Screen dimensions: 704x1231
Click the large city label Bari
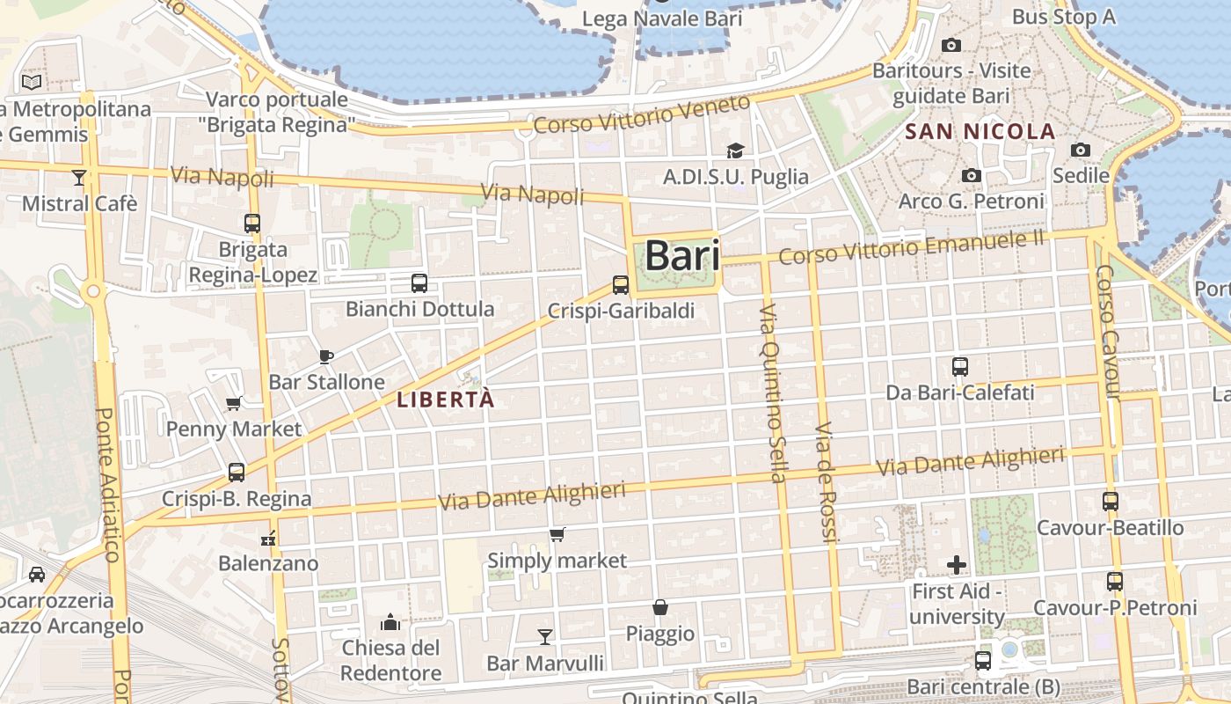(x=682, y=256)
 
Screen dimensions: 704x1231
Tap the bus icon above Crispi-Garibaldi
(x=621, y=285)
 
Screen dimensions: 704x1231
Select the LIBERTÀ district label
(x=446, y=400)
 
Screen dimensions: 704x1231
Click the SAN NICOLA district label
(x=980, y=132)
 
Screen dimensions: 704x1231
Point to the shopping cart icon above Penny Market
(x=234, y=403)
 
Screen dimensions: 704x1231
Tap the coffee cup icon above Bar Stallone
(x=326, y=356)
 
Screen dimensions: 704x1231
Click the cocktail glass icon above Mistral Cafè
(x=79, y=178)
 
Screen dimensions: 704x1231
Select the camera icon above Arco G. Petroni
(x=971, y=176)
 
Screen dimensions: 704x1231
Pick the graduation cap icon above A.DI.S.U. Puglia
(x=735, y=151)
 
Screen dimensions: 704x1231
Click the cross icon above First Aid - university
(x=957, y=565)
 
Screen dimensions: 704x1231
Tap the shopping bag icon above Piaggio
(x=659, y=607)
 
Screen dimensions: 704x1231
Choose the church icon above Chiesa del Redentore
(x=390, y=623)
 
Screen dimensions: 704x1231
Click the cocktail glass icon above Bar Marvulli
(x=545, y=636)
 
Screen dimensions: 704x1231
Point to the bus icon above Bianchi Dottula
(x=419, y=283)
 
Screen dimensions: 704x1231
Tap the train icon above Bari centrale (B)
(x=983, y=660)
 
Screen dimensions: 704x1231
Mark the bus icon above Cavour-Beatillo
(x=1111, y=502)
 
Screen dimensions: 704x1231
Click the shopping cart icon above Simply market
(x=557, y=534)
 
